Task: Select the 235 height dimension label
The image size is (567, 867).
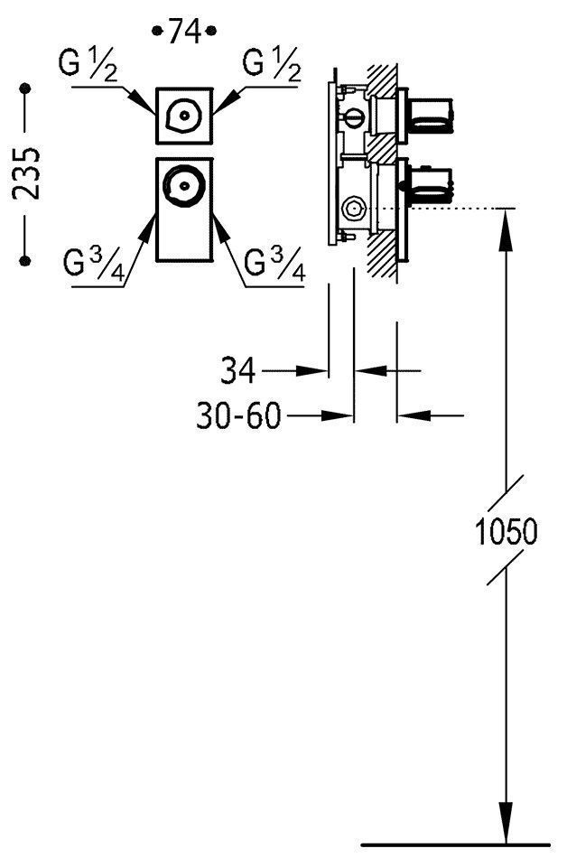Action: (26, 173)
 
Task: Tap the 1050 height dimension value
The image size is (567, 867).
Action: (507, 531)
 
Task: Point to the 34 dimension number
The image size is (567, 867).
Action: (238, 370)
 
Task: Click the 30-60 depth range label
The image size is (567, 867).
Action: (238, 415)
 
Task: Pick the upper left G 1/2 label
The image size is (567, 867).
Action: (88, 65)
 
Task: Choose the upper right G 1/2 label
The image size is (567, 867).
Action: (272, 64)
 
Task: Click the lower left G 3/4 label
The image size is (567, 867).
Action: (94, 265)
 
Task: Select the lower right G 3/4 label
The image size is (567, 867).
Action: (274, 265)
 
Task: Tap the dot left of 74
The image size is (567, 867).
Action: (157, 31)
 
